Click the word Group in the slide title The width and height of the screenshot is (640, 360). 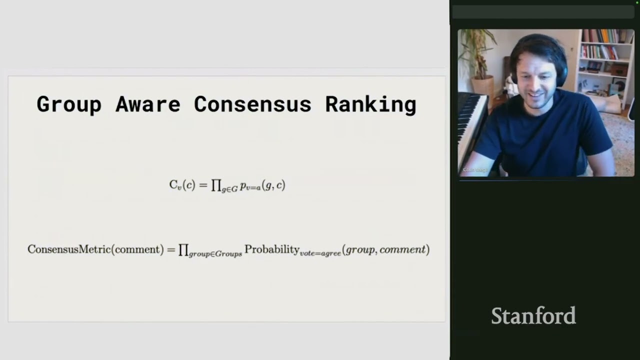click(68, 104)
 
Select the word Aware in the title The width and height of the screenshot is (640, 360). click(147, 104)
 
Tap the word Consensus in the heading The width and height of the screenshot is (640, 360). click(252, 104)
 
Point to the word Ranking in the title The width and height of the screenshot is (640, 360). click(370, 104)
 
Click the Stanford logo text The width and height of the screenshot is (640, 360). click(533, 316)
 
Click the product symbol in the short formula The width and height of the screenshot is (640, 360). click(216, 185)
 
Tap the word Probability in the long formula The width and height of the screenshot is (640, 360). click(271, 249)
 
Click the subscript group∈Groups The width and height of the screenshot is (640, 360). click(215, 254)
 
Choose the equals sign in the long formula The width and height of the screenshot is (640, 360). click(170, 249)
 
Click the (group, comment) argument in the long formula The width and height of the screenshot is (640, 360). click(385, 249)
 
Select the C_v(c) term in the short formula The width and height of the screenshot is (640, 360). click(182, 185)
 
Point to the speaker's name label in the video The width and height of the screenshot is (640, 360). click(475, 170)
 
